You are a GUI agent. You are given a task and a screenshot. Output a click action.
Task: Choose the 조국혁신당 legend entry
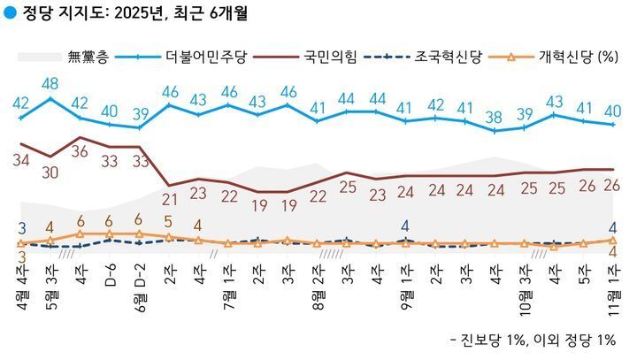pyautogui.click(x=451, y=58)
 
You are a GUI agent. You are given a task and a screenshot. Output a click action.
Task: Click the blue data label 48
pyautogui.click(x=50, y=84)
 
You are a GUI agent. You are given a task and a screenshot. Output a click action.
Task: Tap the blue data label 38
pyautogui.click(x=494, y=115)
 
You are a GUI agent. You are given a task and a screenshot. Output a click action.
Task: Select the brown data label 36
pyautogui.click(x=81, y=151)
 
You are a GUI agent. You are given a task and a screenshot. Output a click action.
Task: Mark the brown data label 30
pyautogui.click(x=50, y=172)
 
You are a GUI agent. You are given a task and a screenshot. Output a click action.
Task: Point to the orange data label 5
pyautogui.click(x=168, y=222)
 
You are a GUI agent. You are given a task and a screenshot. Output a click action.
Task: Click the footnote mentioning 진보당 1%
pyautogui.click(x=531, y=341)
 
